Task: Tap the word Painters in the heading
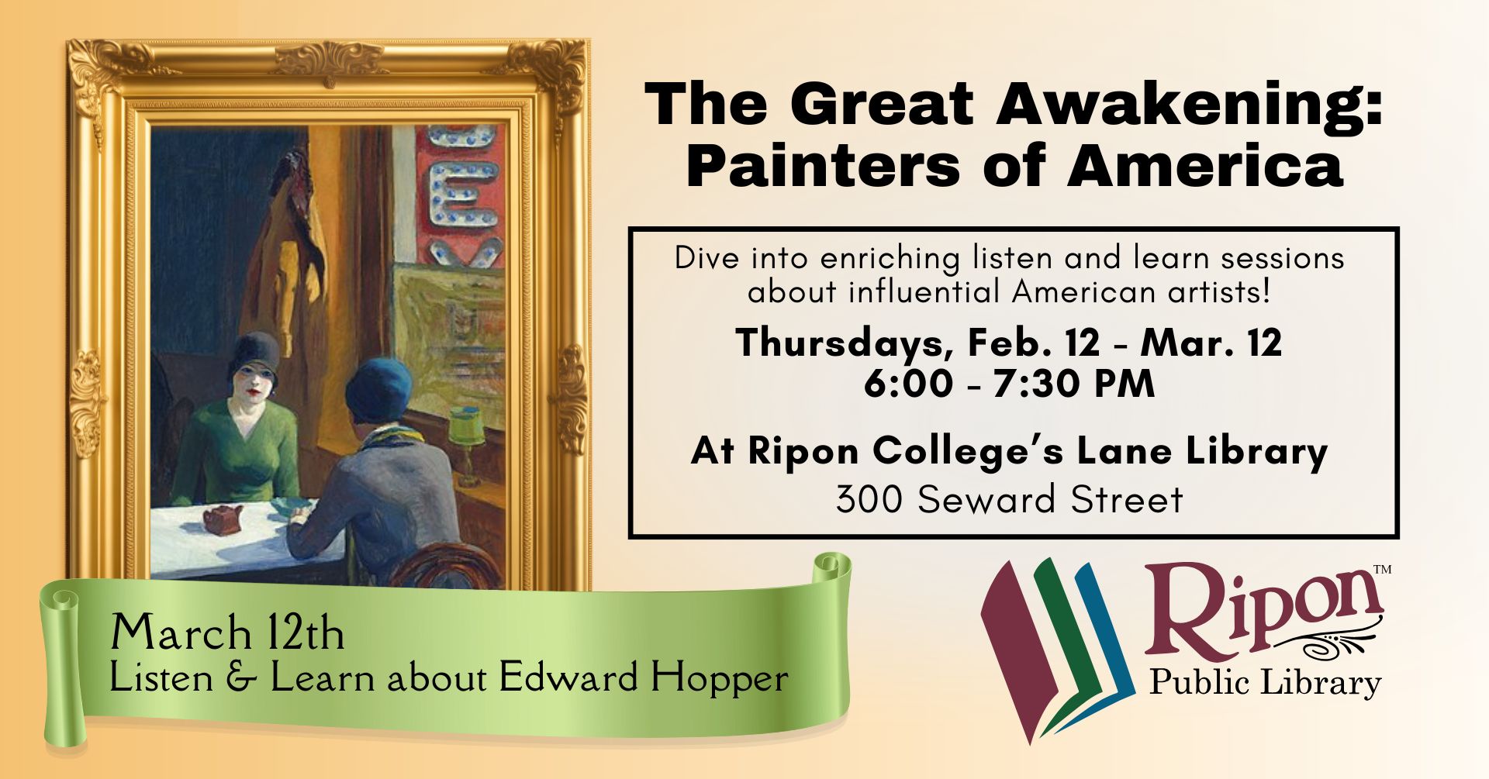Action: (x=822, y=167)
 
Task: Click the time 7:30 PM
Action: (x=1073, y=384)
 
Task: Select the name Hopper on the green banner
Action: (x=720, y=677)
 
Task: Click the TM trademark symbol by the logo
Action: (x=1382, y=570)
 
